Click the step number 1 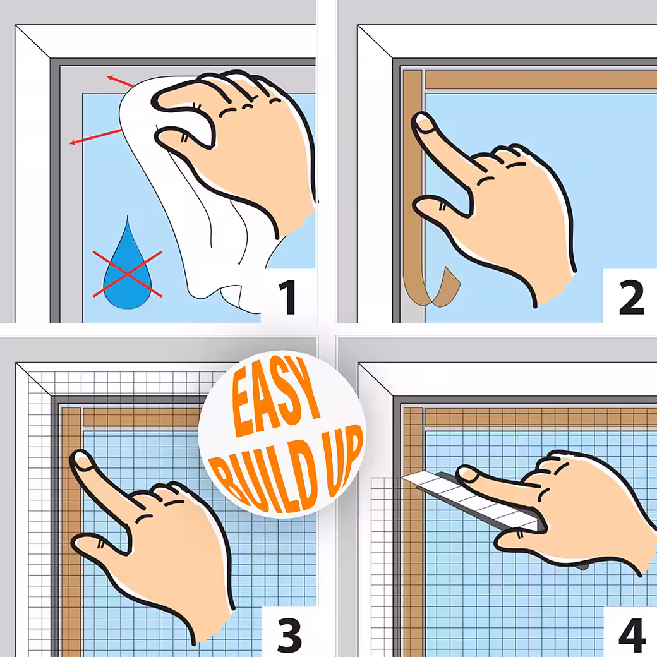289,297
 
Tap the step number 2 631,297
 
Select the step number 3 289,634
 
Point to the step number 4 632,634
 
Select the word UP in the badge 343,459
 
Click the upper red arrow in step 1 120,81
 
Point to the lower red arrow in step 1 95,137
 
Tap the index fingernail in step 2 424,124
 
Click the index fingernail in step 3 82,461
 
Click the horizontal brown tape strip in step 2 541,80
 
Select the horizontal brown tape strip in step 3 143,418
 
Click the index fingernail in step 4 469,474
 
